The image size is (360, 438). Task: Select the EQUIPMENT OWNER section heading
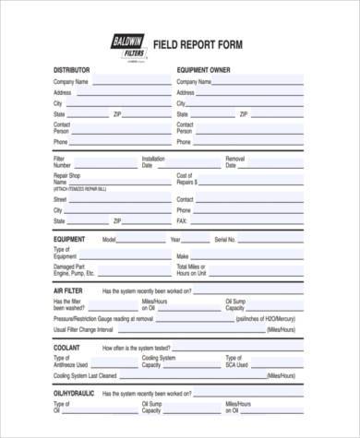coord(203,70)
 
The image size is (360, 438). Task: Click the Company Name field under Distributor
coord(129,82)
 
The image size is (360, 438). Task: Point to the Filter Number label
coord(62,162)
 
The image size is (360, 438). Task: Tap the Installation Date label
coord(153,162)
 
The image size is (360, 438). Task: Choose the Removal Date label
coord(235,162)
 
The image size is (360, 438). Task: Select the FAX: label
coord(182,221)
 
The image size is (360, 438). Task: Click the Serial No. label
coord(226,239)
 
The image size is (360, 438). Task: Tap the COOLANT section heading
coord(67,349)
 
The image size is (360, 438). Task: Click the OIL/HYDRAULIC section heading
coord(75,393)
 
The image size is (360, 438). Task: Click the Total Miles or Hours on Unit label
coord(191,271)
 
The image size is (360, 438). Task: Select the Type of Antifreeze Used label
coord(69,361)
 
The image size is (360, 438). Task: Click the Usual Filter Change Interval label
coord(83,329)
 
